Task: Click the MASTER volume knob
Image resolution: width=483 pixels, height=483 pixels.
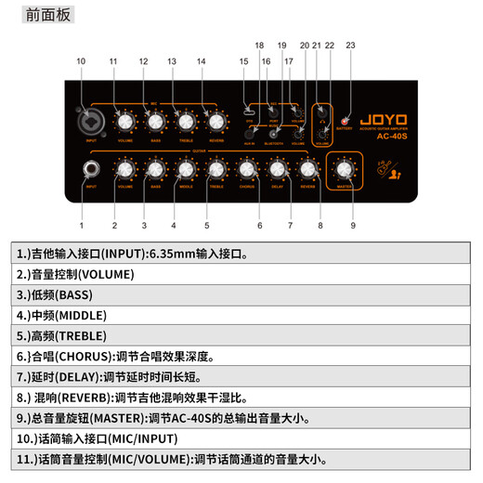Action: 345,168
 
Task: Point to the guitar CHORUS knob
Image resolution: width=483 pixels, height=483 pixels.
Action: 247,169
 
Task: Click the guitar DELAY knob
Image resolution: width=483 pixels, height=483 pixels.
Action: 278,169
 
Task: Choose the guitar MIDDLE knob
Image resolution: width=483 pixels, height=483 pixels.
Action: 186,169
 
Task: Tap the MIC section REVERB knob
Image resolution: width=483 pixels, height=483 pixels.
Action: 215,121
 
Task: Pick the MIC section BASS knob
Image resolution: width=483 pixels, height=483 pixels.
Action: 155,121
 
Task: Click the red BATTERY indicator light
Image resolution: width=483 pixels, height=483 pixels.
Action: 345,122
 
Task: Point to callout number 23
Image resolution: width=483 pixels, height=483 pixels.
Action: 350,45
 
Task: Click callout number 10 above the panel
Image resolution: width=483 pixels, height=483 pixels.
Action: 81,61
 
